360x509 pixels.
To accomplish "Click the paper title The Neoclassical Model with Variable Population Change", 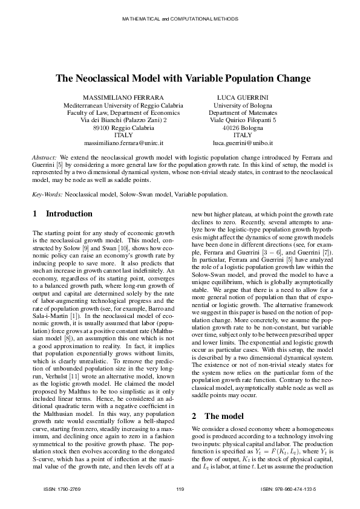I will [183, 79].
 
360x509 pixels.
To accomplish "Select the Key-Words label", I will [47, 195].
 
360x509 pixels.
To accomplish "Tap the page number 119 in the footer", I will [179, 488].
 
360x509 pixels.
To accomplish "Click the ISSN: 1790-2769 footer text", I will [63, 488].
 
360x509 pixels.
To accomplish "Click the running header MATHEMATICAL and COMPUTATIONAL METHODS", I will [180, 19].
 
